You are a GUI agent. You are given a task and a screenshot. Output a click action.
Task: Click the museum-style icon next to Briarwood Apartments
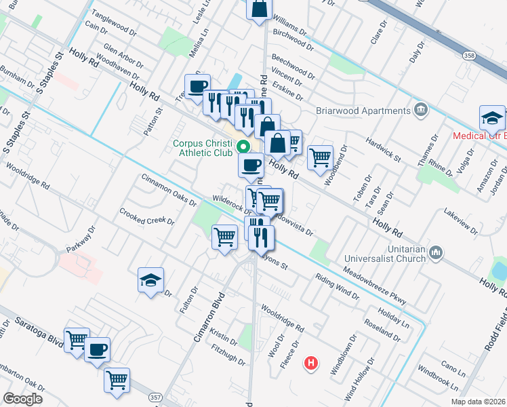pos(421,109)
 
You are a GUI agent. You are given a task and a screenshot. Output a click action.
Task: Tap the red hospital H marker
pos(311,364)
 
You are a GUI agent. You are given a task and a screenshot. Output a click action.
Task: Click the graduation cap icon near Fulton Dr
pos(150,279)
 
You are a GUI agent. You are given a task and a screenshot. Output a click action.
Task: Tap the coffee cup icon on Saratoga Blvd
pos(98,349)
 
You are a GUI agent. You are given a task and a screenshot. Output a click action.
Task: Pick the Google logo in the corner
pos(22,399)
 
